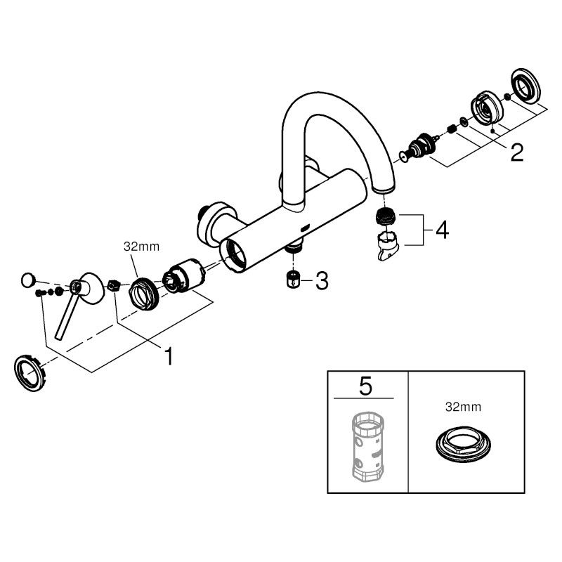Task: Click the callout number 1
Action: click(x=168, y=355)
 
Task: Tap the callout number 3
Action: click(x=322, y=280)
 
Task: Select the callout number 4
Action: click(x=443, y=230)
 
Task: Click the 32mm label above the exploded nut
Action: click(x=141, y=247)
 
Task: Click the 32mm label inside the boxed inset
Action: click(x=463, y=407)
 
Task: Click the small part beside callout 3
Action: click(x=294, y=279)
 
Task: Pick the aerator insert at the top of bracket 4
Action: click(x=384, y=216)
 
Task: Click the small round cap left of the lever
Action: click(x=27, y=280)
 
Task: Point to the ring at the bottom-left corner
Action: click(x=30, y=373)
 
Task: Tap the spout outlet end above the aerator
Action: click(x=384, y=188)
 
